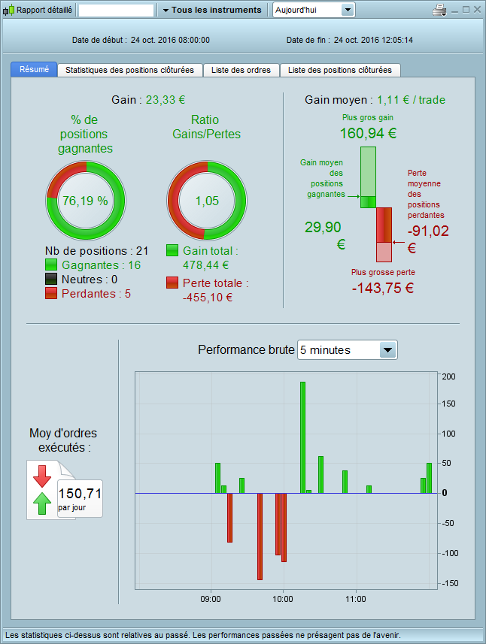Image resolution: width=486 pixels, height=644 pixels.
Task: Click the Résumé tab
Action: click(34, 70)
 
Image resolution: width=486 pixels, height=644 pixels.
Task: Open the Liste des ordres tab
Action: click(241, 70)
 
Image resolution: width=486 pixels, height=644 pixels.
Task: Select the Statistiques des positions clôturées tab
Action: click(129, 70)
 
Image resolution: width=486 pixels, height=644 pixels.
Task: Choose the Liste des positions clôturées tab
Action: click(340, 70)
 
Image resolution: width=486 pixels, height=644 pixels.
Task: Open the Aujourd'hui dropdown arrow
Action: click(347, 10)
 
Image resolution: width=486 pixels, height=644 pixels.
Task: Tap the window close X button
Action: click(477, 10)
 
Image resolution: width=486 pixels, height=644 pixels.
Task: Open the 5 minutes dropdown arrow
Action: click(387, 349)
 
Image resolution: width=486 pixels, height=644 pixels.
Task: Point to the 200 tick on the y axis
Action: click(449, 376)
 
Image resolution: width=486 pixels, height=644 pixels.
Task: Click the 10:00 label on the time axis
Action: click(283, 599)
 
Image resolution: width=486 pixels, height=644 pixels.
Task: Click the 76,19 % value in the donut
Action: click(85, 201)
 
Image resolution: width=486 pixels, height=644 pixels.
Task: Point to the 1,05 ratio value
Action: click(205, 201)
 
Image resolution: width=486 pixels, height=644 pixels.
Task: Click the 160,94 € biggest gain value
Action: click(368, 134)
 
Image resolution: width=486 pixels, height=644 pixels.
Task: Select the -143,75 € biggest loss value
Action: click(383, 287)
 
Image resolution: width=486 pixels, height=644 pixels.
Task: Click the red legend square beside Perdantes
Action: click(52, 293)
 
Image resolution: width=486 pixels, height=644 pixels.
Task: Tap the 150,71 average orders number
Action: click(80, 494)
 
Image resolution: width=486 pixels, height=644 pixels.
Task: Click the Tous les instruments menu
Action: click(211, 10)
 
